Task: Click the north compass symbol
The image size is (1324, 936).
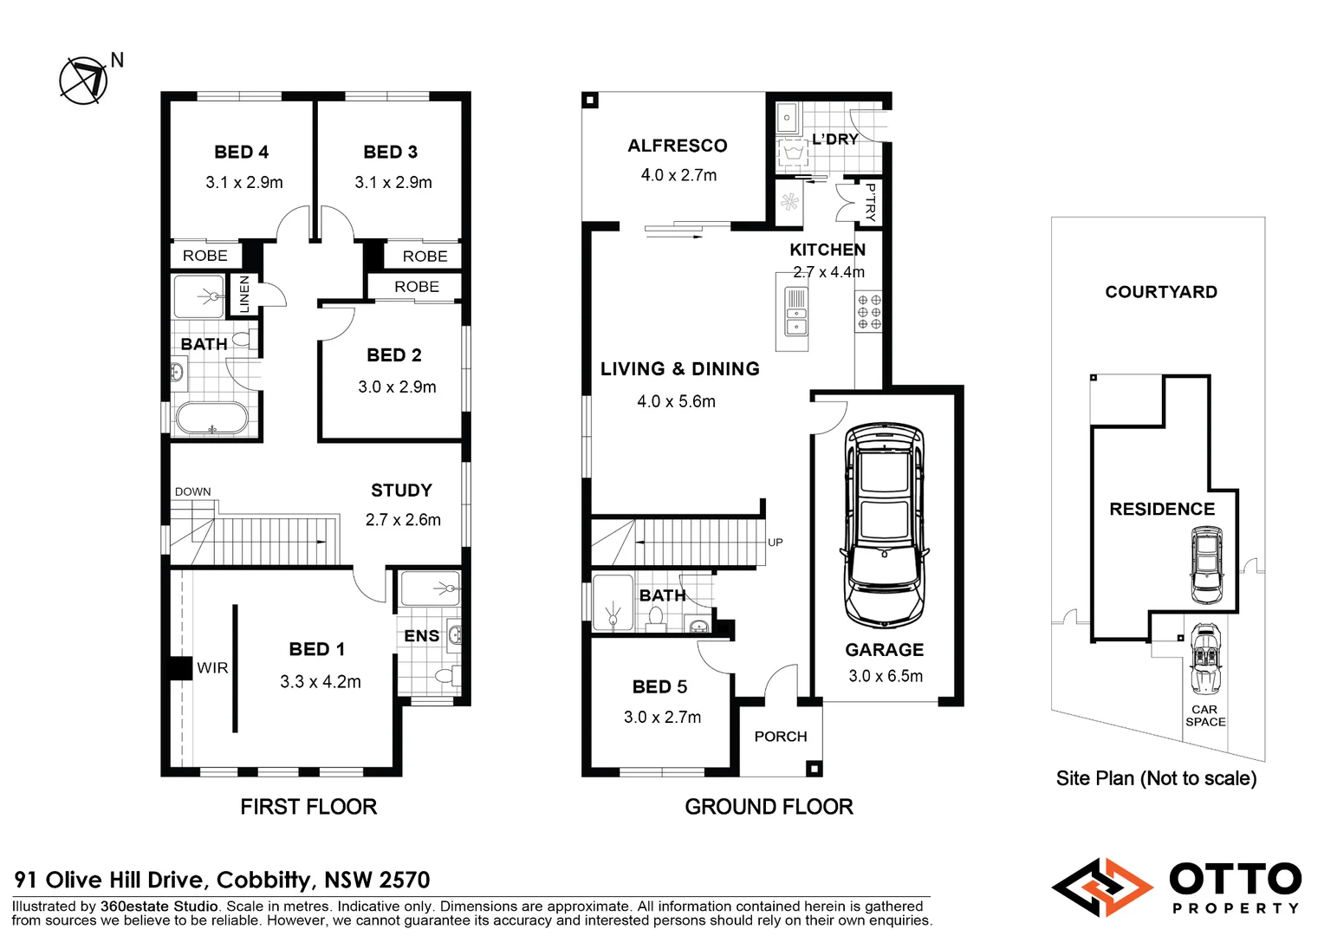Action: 84,81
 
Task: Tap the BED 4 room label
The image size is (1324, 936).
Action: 241,152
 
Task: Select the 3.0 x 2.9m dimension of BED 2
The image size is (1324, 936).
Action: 397,387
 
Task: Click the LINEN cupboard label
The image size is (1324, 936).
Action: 244,294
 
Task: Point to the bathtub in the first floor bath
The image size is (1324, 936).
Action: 211,419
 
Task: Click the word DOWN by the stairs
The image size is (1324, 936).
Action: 192,491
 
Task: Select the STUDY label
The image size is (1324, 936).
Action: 401,491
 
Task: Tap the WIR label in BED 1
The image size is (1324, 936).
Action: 212,668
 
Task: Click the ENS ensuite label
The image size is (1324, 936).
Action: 421,635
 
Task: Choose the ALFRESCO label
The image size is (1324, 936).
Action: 678,146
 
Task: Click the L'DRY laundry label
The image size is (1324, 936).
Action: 834,139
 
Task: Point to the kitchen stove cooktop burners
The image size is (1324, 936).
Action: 869,312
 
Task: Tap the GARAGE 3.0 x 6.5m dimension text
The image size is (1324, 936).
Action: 885,676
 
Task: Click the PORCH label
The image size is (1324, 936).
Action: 780,736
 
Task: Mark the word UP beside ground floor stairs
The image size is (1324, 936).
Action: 775,543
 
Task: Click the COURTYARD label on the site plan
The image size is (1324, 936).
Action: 1160,292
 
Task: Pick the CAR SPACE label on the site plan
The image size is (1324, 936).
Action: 1205,715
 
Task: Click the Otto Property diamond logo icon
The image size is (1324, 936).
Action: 1102,887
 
